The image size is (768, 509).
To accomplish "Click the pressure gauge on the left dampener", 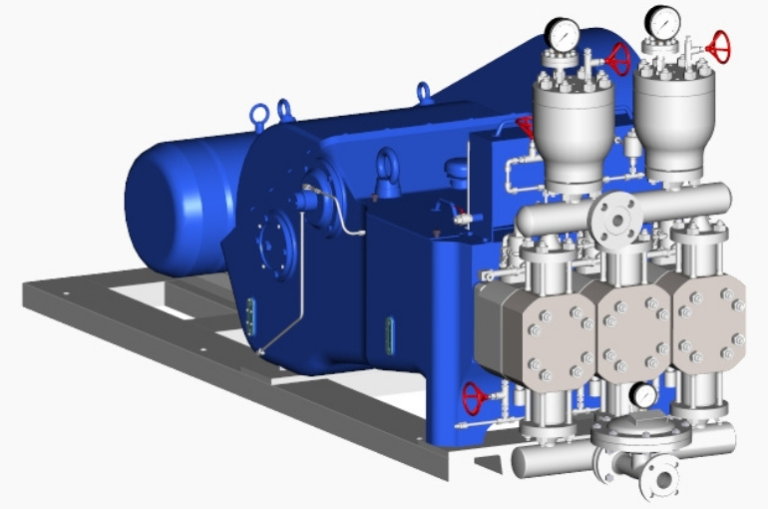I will tap(564, 35).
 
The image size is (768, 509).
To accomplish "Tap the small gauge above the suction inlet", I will tap(645, 395).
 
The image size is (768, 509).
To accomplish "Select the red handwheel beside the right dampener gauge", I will tap(717, 46).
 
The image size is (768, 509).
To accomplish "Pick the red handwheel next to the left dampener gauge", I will tap(618, 60).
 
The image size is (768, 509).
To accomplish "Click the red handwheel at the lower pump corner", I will tap(475, 400).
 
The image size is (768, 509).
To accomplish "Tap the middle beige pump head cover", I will tap(632, 329).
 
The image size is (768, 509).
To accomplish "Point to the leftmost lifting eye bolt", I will tap(260, 111).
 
